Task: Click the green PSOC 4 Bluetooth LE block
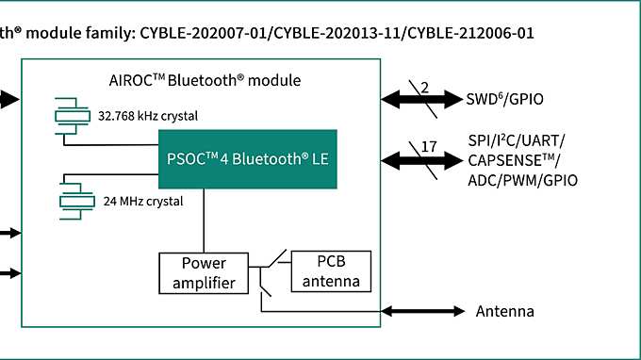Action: click(247, 158)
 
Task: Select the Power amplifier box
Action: click(205, 272)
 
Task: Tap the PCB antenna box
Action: click(331, 271)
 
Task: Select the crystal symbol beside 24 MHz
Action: click(72, 200)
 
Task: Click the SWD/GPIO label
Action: click(504, 98)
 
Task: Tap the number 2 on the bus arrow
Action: click(424, 88)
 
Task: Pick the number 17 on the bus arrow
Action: click(428, 147)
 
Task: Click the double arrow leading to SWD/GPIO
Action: click(420, 98)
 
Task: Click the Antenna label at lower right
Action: click(504, 312)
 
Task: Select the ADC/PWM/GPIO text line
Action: click(522, 180)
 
